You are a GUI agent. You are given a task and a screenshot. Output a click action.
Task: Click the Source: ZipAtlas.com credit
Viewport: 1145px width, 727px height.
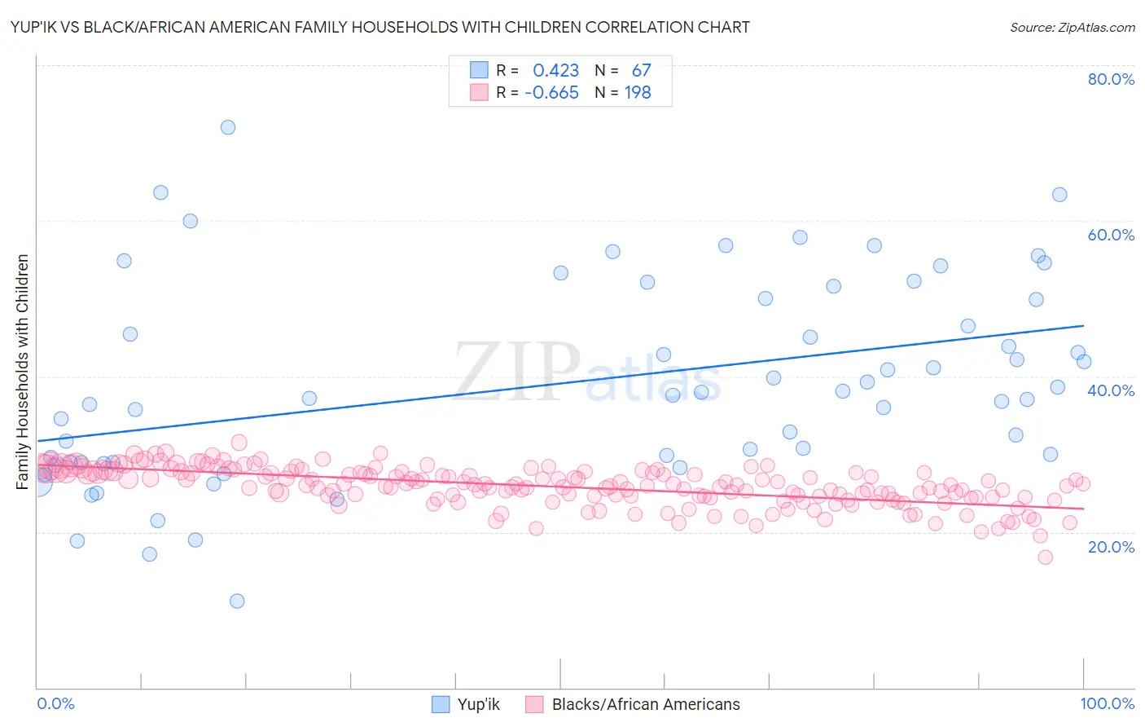pos(1072,27)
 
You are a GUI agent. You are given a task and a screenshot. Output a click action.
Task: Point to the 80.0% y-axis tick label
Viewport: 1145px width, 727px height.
pos(1111,79)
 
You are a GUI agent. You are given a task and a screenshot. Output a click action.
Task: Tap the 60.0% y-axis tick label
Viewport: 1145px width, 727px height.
pos(1111,235)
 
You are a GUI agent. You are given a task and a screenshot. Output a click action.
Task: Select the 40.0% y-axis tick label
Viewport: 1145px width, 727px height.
pos(1111,390)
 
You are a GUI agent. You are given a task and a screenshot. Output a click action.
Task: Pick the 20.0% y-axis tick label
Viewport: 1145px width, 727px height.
pos(1111,547)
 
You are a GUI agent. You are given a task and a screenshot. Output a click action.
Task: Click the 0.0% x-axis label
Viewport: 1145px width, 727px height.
pos(55,703)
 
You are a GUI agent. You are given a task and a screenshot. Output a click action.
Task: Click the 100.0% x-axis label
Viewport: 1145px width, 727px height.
pos(1107,703)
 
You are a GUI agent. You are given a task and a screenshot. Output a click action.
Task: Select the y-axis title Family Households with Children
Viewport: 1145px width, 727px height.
pos(23,372)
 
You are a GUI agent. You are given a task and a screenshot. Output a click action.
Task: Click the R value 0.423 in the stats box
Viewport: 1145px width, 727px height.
pos(555,71)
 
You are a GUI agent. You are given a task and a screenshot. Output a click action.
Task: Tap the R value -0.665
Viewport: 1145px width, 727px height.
pos(551,93)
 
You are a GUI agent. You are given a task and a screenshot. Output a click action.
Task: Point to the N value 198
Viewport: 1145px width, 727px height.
pos(638,93)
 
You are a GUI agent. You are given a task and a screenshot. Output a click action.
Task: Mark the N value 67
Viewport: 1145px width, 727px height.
pos(641,71)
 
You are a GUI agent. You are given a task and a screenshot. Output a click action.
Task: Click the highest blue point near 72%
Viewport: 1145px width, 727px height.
pos(228,127)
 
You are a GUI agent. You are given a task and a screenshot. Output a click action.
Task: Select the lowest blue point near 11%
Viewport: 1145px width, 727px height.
pos(237,601)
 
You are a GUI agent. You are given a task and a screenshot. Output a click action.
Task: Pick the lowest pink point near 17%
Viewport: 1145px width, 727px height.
pos(1045,557)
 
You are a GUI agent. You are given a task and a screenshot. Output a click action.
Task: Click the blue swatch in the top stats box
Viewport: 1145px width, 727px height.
pos(479,70)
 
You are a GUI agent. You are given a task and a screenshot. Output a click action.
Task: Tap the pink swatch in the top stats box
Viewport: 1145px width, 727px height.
pos(479,92)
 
